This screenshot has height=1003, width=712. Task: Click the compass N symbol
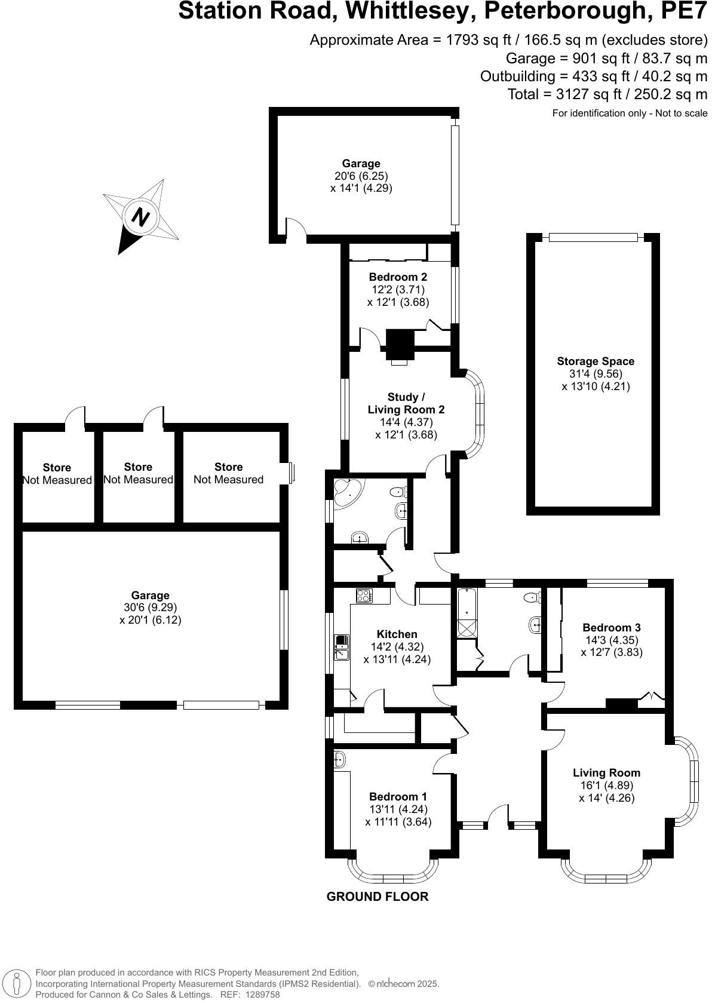coord(141,216)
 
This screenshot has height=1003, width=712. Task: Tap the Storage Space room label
coord(595,361)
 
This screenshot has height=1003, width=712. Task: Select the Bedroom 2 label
coord(398,277)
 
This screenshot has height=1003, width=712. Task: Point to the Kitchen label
coord(397,634)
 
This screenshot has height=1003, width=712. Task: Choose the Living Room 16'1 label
coord(606,773)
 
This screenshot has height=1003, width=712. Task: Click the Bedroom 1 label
coord(398,797)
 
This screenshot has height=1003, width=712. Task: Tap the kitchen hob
coord(364,595)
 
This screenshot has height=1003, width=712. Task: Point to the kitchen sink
coord(342,648)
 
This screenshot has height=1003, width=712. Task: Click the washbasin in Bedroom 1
coord(339,759)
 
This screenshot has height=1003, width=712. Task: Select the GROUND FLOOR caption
coord(377,897)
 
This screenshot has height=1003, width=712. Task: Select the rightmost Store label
coord(228,467)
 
